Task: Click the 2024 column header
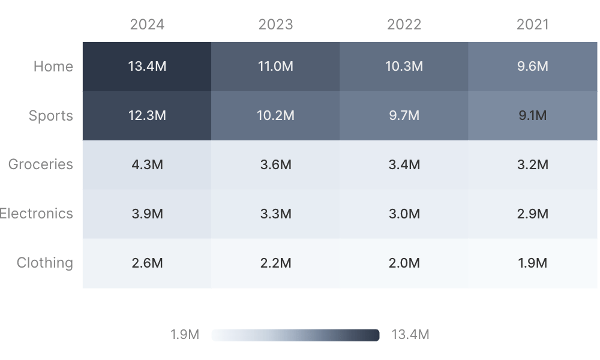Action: click(x=147, y=25)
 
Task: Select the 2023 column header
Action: click(x=275, y=25)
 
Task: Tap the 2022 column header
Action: click(x=404, y=25)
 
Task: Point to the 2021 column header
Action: click(x=533, y=25)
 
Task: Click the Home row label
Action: click(x=53, y=67)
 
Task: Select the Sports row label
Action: click(x=51, y=116)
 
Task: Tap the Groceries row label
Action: click(x=41, y=164)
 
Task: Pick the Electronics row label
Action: click(x=37, y=214)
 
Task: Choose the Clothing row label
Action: click(x=45, y=263)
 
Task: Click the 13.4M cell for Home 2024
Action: click(x=147, y=67)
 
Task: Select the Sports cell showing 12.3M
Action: click(x=147, y=116)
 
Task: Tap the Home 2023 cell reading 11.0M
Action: click(x=275, y=67)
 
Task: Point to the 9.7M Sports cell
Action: click(x=404, y=116)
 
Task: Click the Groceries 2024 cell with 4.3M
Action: click(x=147, y=164)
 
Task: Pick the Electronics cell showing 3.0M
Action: click(x=404, y=214)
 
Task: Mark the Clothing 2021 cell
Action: click(x=533, y=263)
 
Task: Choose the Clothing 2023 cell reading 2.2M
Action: click(x=275, y=263)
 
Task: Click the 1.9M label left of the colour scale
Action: click(x=185, y=335)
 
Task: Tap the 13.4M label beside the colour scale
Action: click(x=410, y=335)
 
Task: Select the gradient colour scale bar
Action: click(x=295, y=335)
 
